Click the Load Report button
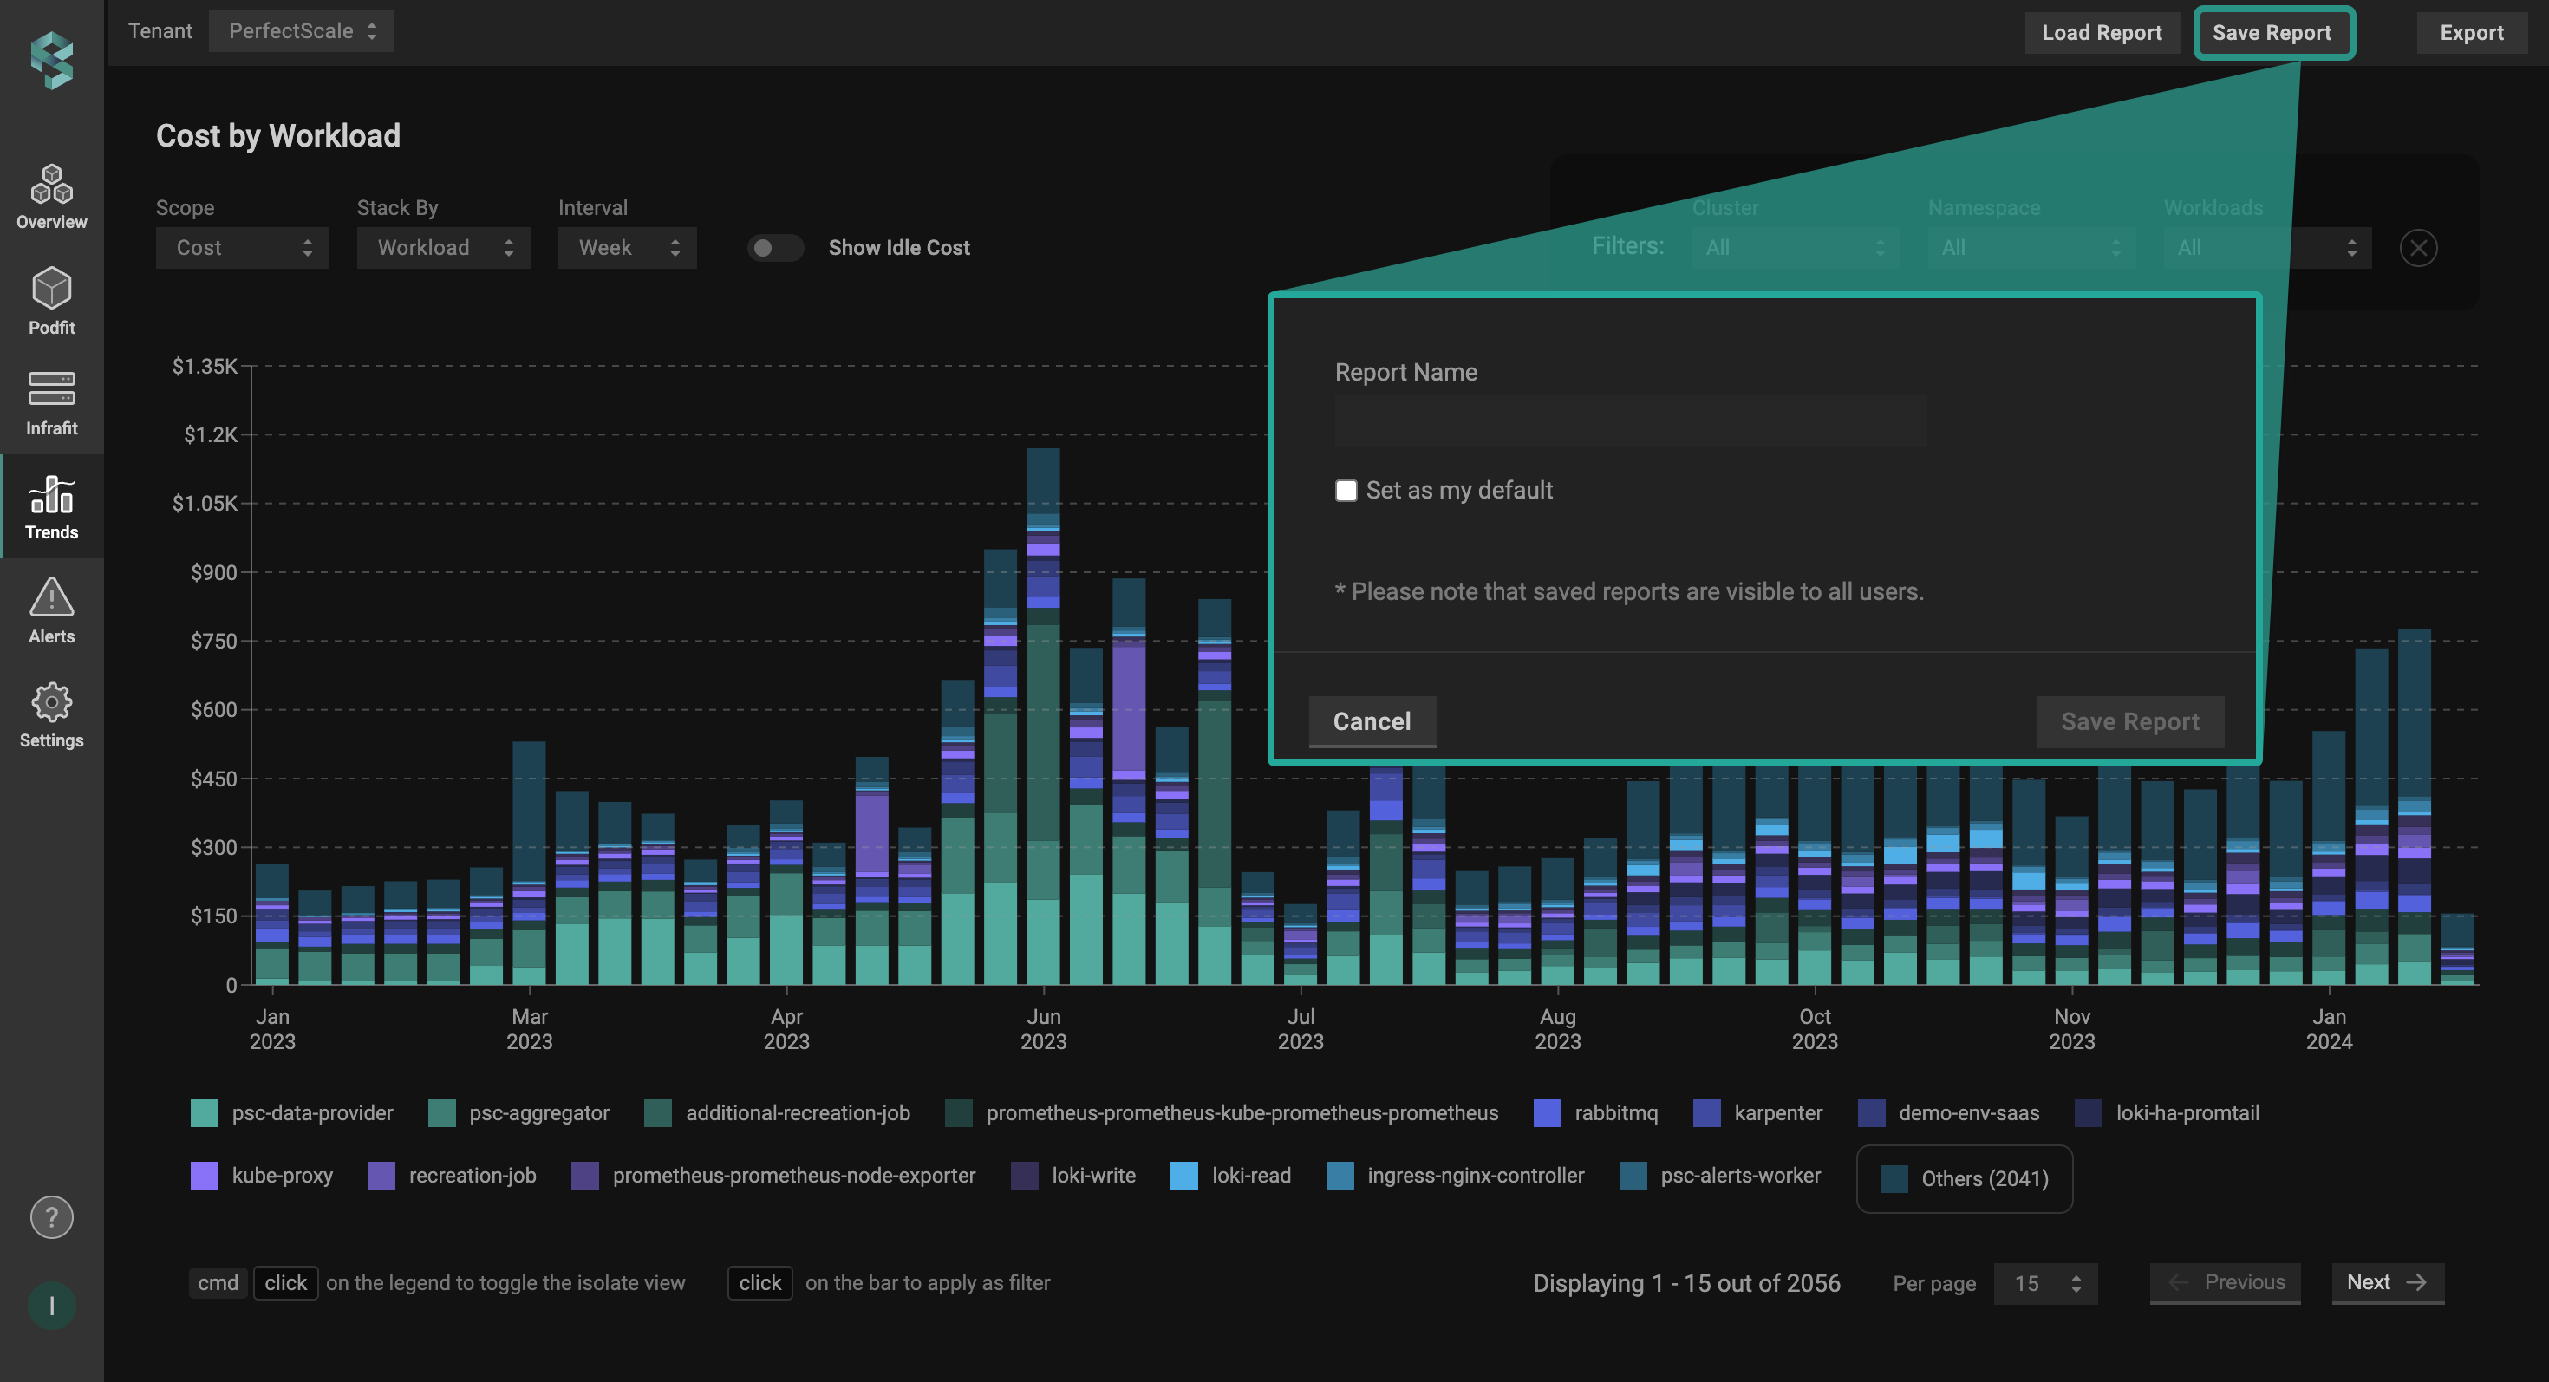(x=2101, y=33)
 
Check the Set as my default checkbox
(x=1346, y=491)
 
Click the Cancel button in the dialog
(x=1372, y=721)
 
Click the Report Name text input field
(x=1630, y=421)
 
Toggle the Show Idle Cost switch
(x=775, y=248)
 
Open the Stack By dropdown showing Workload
(x=443, y=248)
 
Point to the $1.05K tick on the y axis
(x=205, y=504)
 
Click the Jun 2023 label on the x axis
(x=1043, y=1029)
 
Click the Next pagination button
(x=2387, y=1282)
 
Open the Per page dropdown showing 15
(x=2044, y=1283)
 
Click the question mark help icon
(x=51, y=1216)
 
